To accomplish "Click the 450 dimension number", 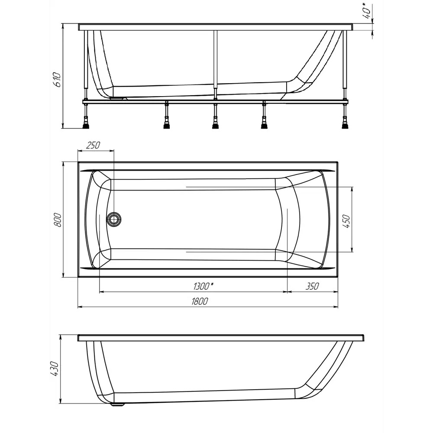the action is tap(346, 221).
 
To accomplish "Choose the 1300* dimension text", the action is tap(204, 286).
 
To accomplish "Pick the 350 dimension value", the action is tap(312, 286).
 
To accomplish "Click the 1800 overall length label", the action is tap(199, 301).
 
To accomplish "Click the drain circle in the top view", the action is tap(114, 220).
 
